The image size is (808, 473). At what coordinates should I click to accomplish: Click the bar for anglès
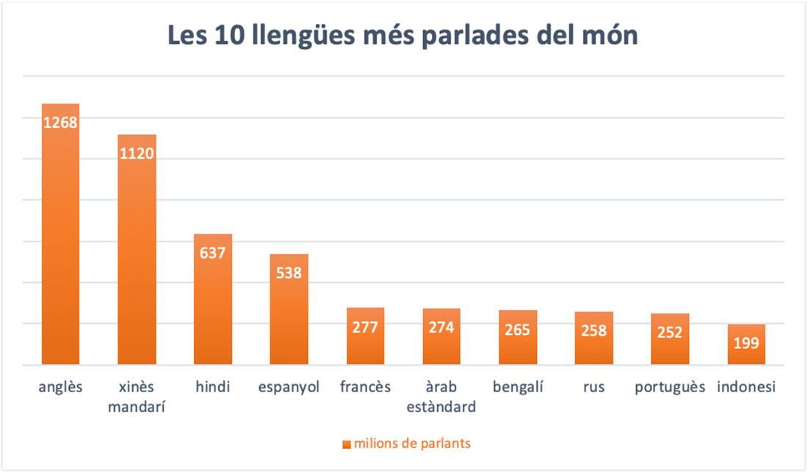60,242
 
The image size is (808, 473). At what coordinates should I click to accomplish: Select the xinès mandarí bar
137,257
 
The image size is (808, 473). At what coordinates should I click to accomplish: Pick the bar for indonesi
746,353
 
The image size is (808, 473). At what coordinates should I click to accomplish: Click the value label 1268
60,123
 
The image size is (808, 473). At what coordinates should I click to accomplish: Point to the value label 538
289,272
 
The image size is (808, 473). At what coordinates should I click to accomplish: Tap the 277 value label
365,327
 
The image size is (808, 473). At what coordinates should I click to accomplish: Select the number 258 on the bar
594,331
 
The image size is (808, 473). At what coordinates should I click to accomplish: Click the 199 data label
746,342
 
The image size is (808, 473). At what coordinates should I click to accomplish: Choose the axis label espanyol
289,387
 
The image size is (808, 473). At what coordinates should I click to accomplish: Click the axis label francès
365,387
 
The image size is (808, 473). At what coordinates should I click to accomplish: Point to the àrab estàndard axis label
441,396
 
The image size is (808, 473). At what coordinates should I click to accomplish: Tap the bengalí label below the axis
518,387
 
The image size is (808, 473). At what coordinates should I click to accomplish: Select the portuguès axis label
670,387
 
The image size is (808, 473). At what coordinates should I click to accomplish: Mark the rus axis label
594,387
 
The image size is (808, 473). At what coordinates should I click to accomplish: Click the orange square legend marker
347,444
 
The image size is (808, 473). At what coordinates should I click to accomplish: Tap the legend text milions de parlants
412,444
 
